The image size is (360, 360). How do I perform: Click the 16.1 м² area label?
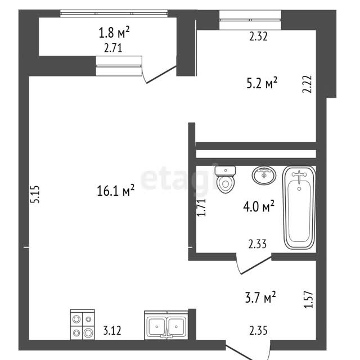[x=115, y=190]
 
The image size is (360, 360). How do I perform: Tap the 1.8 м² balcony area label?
[x=114, y=31]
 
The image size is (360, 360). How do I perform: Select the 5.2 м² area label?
[x=262, y=83]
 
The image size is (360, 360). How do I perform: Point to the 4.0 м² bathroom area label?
[x=259, y=206]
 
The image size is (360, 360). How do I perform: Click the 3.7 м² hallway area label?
[x=260, y=297]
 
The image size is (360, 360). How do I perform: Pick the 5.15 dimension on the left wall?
[x=35, y=194]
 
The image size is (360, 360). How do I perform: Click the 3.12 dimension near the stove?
[x=112, y=331]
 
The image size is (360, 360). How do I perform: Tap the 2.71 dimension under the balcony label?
[x=113, y=48]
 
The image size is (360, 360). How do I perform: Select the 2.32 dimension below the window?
[x=259, y=37]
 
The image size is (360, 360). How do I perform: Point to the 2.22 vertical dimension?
[x=307, y=84]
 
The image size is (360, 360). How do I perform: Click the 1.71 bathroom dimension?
[x=201, y=208]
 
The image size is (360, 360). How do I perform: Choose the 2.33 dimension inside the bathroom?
[x=258, y=244]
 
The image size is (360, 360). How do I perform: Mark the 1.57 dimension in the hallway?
[x=308, y=299]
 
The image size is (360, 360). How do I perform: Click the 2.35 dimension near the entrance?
[x=258, y=331]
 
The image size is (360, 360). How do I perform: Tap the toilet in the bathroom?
[x=226, y=179]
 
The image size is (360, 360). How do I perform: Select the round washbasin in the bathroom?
[x=264, y=175]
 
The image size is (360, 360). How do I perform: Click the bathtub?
[x=299, y=208]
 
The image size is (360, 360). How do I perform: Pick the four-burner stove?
[x=82, y=325]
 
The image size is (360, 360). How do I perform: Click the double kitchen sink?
[x=166, y=325]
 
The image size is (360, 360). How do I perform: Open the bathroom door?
[x=255, y=265]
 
